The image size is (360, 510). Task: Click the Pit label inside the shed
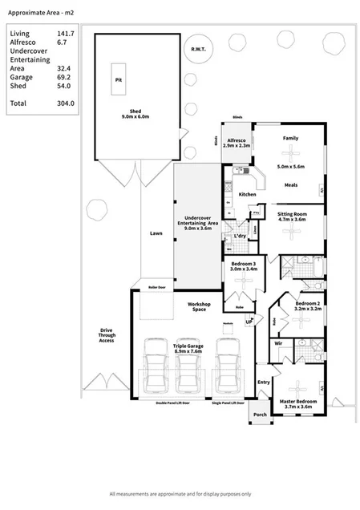pyautogui.click(x=119, y=79)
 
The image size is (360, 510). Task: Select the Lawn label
pyautogui.click(x=156, y=235)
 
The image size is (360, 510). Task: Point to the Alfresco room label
pyautogui.click(x=237, y=141)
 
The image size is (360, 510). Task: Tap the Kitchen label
pyautogui.click(x=247, y=195)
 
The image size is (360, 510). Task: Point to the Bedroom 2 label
pyautogui.click(x=308, y=304)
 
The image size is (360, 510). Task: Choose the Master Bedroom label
pyautogui.click(x=295, y=402)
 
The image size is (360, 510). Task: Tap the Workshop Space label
pyautogui.click(x=198, y=307)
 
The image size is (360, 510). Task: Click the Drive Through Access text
pyautogui.click(x=107, y=335)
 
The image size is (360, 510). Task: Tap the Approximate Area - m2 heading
pyautogui.click(x=38, y=14)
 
